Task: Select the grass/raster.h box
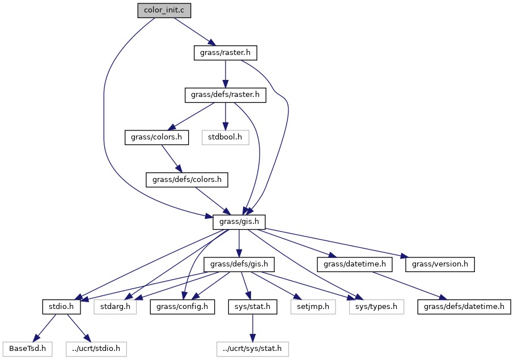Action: [226, 53]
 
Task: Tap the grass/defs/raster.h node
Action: [226, 95]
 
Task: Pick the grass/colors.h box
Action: [157, 137]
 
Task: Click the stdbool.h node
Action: [226, 137]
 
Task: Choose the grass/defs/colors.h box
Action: [187, 180]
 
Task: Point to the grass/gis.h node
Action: [239, 222]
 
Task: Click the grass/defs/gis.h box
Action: [242, 264]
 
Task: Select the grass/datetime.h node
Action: [355, 264]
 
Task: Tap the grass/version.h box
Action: [440, 264]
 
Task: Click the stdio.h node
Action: [61, 307]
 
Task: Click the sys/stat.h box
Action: [253, 307]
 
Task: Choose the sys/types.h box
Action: [373, 307]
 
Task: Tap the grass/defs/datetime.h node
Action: [464, 307]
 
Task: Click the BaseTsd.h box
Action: [27, 349]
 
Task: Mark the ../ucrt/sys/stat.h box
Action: [253, 349]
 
